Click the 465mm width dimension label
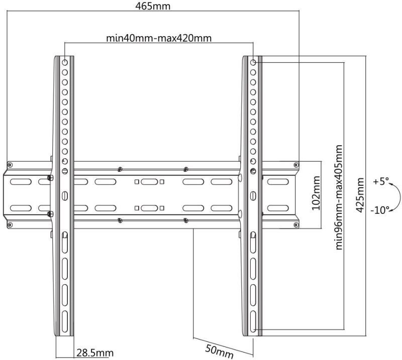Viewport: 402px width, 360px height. [153, 6]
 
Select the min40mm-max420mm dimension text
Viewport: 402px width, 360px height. [159, 38]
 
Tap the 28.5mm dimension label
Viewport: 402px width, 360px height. [95, 353]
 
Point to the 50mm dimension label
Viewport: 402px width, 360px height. [219, 351]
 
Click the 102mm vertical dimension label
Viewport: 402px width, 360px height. [316, 193]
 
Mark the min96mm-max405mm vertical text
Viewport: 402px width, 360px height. [339, 197]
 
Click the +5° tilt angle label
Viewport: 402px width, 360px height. [381, 181]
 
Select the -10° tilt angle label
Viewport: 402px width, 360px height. [380, 210]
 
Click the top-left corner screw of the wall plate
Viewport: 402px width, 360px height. [10, 165]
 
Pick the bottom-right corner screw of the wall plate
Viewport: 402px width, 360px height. [296, 225]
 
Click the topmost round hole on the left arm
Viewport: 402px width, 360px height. [65, 62]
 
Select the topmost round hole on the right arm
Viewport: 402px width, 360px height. [253, 62]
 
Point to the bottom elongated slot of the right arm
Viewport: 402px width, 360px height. [253, 322]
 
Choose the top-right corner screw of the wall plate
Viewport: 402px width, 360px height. [296, 165]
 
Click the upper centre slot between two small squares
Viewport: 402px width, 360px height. [149, 182]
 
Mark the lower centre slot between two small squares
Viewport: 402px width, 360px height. [149, 208]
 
